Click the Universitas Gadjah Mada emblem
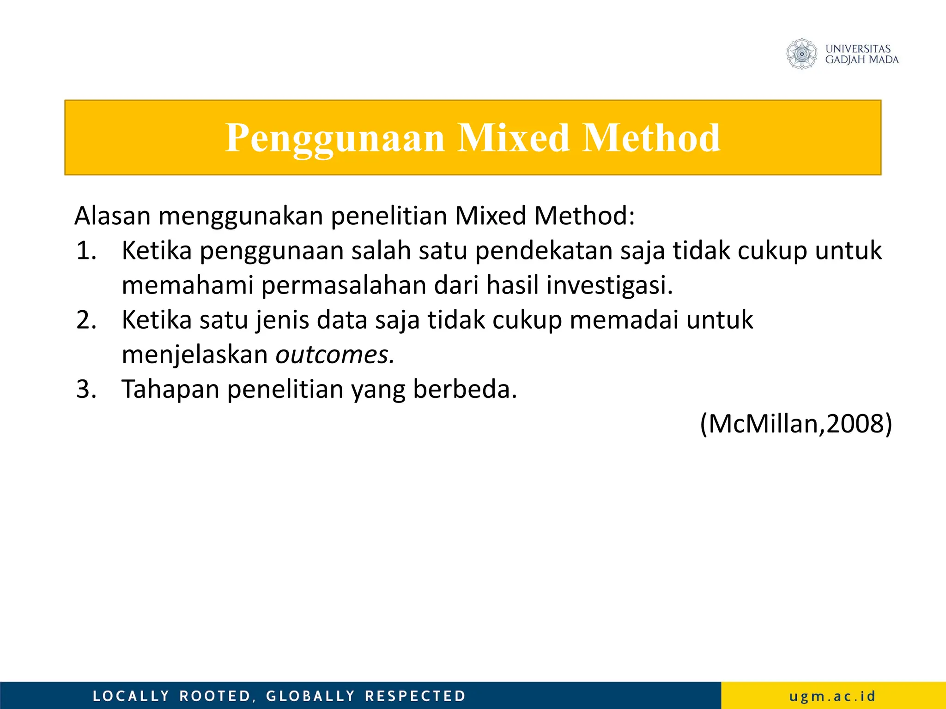pyautogui.click(x=802, y=54)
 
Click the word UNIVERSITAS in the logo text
pyautogui.click(x=858, y=49)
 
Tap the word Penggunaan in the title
pyautogui.click(x=334, y=138)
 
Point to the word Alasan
pyautogui.click(x=112, y=216)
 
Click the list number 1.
pyautogui.click(x=86, y=251)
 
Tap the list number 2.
pyautogui.click(x=86, y=320)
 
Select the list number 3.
pyautogui.click(x=86, y=389)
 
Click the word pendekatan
pyautogui.click(x=543, y=251)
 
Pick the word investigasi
pyautogui.click(x=609, y=285)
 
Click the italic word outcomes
pyautogui.click(x=335, y=354)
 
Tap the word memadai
pyautogui.click(x=624, y=320)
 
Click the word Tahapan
pyautogui.click(x=170, y=389)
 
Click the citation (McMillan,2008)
pyautogui.click(x=796, y=424)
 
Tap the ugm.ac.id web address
pyautogui.click(x=832, y=696)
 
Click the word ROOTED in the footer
pyautogui.click(x=215, y=696)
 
